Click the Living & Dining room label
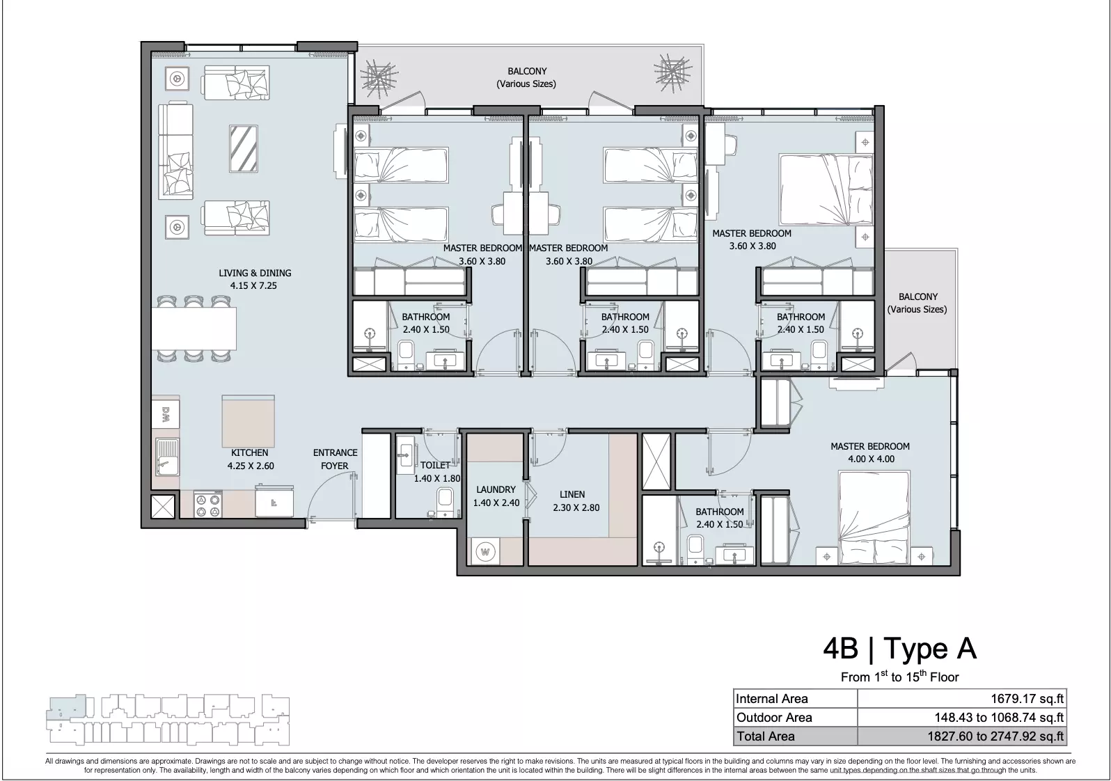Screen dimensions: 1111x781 [255, 279]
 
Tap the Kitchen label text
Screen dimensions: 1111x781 [250, 452]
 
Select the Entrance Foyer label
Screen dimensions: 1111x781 [335, 459]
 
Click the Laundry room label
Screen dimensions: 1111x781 [496, 489]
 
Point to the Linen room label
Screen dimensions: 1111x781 [572, 494]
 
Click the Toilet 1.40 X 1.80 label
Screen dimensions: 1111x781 [437, 471]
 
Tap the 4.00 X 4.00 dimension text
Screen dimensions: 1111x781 [871, 459]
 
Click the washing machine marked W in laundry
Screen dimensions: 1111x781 [486, 551]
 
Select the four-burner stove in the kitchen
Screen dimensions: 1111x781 [208, 505]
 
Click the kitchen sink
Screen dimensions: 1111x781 [167, 457]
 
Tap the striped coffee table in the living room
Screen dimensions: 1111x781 [244, 149]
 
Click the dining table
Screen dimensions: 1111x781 [194, 329]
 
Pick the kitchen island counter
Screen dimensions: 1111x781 [248, 422]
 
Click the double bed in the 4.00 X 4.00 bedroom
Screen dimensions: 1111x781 [874, 518]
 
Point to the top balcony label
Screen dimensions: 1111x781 [527, 77]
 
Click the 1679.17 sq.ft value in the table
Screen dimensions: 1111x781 [1027, 699]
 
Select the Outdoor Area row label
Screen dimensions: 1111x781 [774, 718]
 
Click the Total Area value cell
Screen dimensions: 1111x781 [962, 736]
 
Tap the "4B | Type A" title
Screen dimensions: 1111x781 [899, 649]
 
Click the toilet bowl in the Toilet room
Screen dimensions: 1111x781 [444, 501]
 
